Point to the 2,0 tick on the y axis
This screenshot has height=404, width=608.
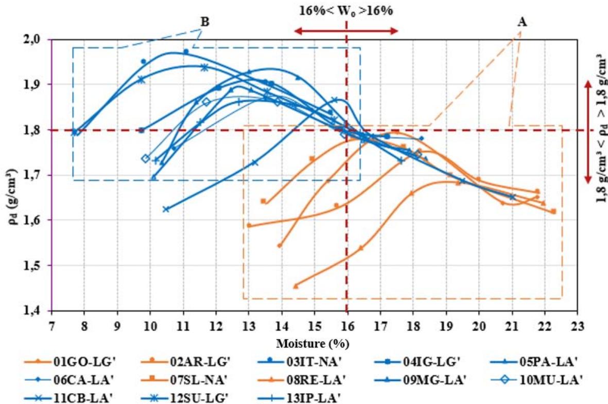[39, 40]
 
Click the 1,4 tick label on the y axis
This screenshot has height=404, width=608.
[39, 311]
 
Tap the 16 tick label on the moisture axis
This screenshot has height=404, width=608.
[348, 325]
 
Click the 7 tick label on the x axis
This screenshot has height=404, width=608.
[51, 325]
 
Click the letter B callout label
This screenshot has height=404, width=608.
[204, 22]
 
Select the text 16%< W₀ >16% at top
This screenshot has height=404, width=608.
[346, 10]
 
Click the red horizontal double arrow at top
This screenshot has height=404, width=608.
[346, 31]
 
